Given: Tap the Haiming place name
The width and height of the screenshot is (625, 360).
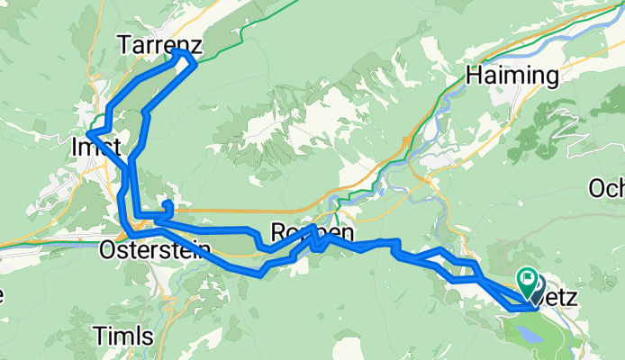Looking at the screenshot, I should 512,76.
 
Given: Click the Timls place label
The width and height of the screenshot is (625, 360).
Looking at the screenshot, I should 122,336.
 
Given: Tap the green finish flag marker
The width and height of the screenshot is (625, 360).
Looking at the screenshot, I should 526,281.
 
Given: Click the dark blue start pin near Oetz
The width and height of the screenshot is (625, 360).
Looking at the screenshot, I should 537,293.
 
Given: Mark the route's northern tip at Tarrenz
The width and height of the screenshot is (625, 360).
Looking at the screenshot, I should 183,54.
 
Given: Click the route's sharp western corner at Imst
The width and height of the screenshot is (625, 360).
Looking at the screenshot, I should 88,135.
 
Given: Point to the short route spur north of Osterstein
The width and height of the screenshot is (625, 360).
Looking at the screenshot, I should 168,205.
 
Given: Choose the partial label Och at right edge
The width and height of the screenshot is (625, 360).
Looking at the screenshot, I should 606,188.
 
